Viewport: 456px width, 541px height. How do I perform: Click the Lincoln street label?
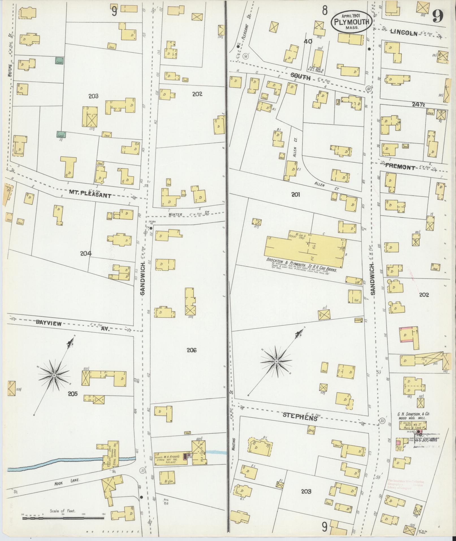click(x=404, y=33)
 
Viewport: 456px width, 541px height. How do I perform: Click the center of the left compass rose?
click(x=53, y=375)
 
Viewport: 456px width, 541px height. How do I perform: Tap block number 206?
click(x=191, y=350)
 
